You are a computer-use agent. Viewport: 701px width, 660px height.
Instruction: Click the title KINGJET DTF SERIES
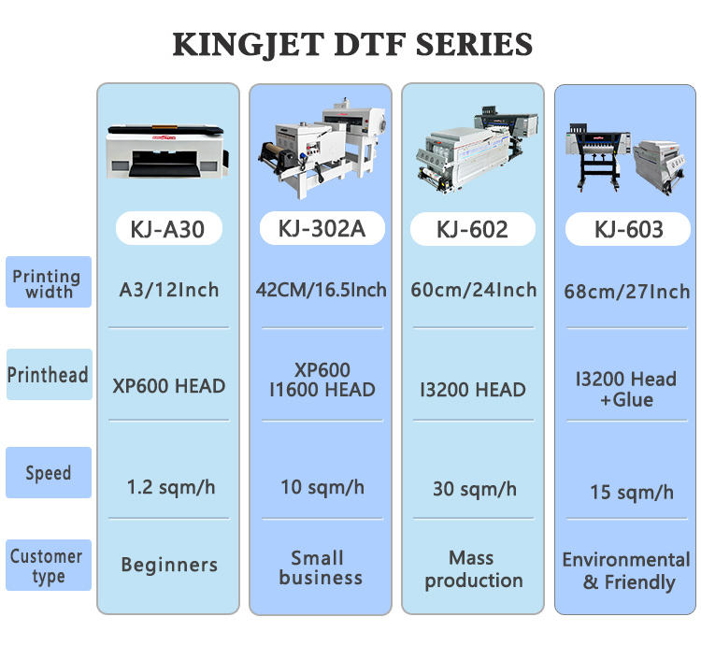tap(352, 45)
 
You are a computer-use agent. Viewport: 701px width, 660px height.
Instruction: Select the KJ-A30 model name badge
tap(168, 229)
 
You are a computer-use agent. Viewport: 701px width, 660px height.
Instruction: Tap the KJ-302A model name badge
tap(321, 229)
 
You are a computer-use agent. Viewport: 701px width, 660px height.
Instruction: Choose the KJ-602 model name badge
tap(473, 229)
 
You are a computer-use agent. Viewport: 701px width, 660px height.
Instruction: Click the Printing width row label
tap(48, 282)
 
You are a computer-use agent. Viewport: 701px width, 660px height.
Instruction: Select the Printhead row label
tap(48, 375)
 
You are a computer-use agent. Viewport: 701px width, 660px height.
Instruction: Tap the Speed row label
tap(48, 473)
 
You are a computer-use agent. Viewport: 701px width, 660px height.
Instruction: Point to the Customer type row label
tap(48, 566)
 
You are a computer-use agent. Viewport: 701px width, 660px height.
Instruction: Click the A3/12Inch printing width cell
tap(168, 290)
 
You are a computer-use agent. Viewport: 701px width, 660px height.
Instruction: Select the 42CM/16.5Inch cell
tap(321, 290)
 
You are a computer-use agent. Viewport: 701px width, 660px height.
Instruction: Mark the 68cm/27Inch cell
tap(627, 292)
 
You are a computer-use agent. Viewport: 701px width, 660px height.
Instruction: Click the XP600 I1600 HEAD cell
tap(321, 380)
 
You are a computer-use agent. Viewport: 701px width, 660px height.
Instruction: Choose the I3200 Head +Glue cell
tap(627, 389)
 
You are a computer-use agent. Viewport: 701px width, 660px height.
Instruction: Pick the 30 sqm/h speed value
tap(473, 488)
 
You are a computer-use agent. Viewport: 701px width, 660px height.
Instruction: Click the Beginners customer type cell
tap(168, 565)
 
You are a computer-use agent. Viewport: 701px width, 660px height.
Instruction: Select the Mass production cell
tap(473, 568)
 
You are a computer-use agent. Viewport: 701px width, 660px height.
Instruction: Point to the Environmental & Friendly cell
tap(627, 571)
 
